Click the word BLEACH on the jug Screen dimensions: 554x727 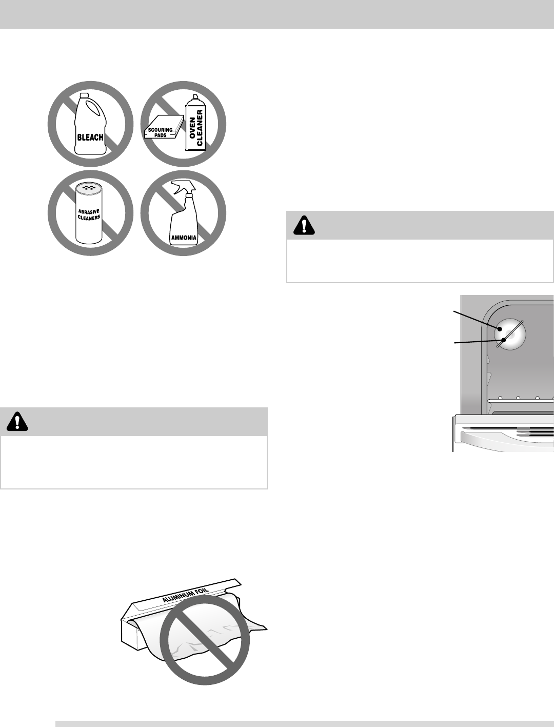click(x=90, y=137)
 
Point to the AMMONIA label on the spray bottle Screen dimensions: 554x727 click(x=183, y=238)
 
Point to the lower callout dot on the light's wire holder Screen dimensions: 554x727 click(x=505, y=340)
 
